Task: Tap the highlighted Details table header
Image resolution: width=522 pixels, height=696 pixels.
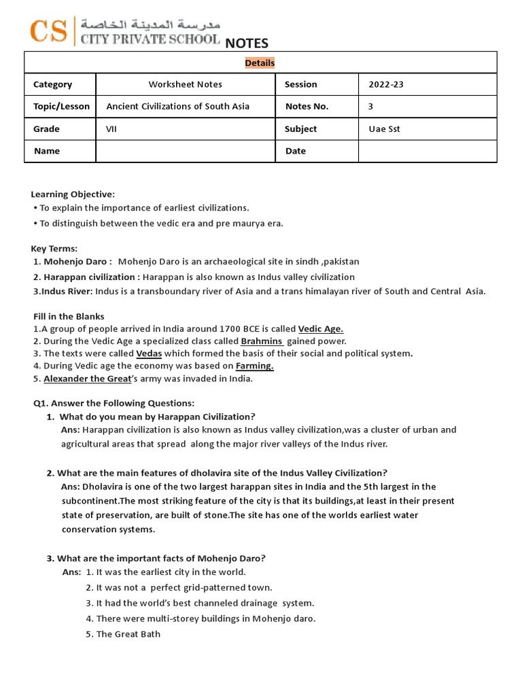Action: tap(260, 63)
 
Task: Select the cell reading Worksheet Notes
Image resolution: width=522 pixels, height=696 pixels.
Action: tap(186, 84)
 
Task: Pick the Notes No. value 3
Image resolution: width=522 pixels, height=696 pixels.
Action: tap(371, 106)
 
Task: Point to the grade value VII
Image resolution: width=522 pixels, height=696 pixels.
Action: tap(111, 128)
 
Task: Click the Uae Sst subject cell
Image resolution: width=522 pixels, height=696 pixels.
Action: tap(384, 128)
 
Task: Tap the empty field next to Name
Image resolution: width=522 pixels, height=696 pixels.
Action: tap(186, 151)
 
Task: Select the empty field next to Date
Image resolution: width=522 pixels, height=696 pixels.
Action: tap(427, 151)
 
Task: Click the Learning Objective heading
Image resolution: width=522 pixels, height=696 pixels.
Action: tap(73, 194)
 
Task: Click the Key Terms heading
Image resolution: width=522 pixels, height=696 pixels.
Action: tap(54, 248)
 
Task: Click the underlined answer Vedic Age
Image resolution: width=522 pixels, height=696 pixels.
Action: tap(321, 328)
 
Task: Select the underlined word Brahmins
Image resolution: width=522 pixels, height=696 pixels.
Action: tap(262, 341)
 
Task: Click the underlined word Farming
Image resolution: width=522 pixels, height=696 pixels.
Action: tap(254, 366)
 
